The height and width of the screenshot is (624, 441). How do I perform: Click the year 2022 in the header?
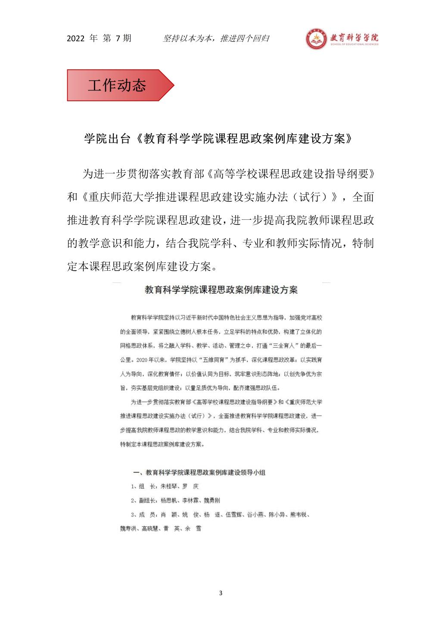point(76,39)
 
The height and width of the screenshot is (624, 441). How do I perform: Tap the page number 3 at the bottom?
point(221,593)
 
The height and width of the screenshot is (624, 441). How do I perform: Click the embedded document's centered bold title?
point(221,290)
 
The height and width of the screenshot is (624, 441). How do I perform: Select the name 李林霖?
point(190,500)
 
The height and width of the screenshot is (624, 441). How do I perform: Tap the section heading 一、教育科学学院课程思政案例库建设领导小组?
point(199,472)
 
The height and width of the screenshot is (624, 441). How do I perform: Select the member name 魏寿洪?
point(129,528)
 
